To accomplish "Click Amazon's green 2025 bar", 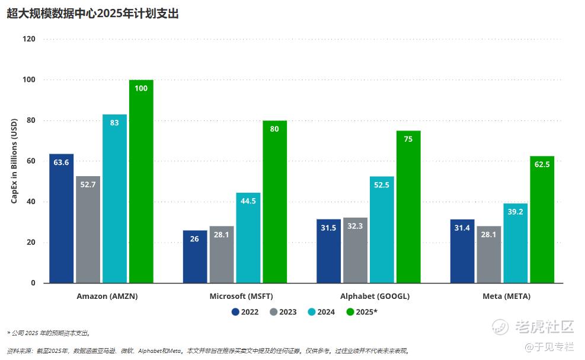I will click(x=141, y=184).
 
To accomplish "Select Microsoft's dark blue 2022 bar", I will click(x=195, y=258).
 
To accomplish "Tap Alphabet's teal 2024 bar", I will click(x=382, y=231).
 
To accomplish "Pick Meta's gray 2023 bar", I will click(x=489, y=255).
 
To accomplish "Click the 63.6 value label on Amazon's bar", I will click(x=61, y=162).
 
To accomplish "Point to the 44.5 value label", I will click(x=248, y=201).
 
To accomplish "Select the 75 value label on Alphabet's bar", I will click(x=408, y=139).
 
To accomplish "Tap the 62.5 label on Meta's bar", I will click(x=542, y=164).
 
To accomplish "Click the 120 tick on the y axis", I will click(x=29, y=39).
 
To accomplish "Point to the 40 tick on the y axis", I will click(x=31, y=202).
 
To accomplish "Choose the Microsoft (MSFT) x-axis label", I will click(x=241, y=296).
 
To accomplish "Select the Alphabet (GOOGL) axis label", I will click(x=375, y=296).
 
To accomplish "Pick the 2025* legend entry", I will click(x=362, y=312).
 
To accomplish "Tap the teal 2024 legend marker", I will click(x=312, y=312).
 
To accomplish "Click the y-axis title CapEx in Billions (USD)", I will click(x=14, y=161).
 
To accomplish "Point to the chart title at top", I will click(x=93, y=14).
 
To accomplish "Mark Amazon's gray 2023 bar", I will click(x=88, y=230).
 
